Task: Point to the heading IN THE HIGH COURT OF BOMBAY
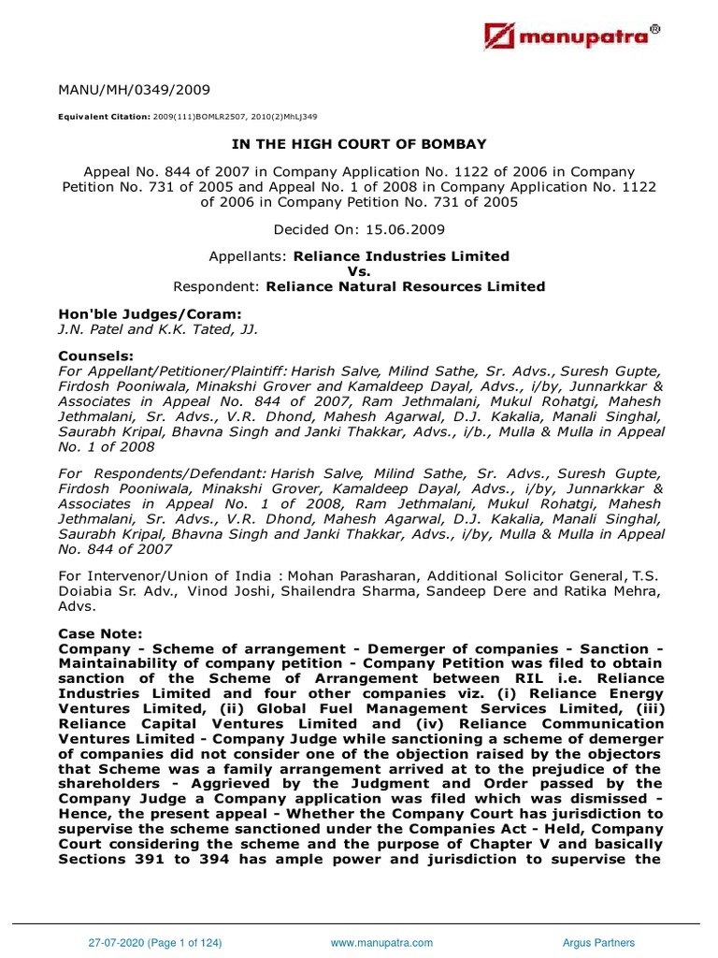tap(360, 145)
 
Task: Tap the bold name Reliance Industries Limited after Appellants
tap(401, 256)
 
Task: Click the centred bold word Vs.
tap(360, 271)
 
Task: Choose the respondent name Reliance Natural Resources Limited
tap(406, 286)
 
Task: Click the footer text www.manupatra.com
tap(381, 944)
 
